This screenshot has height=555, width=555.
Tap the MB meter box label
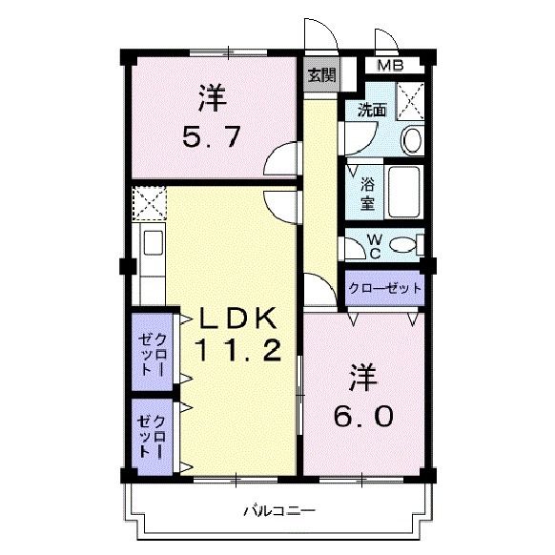pos(389,66)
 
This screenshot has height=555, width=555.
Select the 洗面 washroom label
pos(371,111)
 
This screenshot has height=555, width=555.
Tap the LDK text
pos(237,318)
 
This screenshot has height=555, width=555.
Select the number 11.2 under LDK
pos(238,352)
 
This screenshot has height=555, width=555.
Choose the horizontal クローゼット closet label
pos(384,288)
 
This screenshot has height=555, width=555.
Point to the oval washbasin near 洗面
pos(413,139)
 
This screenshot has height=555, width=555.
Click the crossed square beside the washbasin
pos(411,99)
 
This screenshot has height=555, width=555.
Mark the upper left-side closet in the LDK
pos(154,351)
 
